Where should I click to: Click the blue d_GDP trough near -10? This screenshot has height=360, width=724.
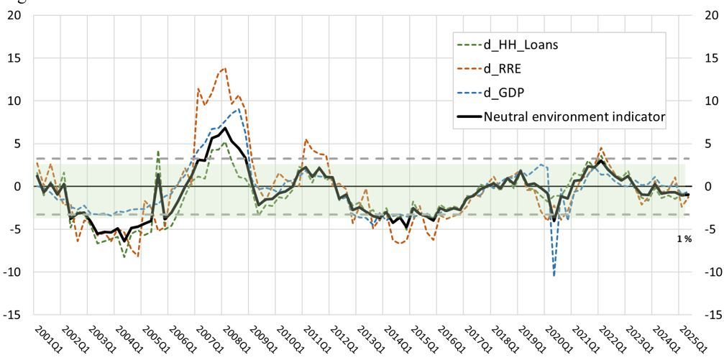pos(554,274)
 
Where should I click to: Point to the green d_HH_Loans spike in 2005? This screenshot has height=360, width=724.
pos(158,152)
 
